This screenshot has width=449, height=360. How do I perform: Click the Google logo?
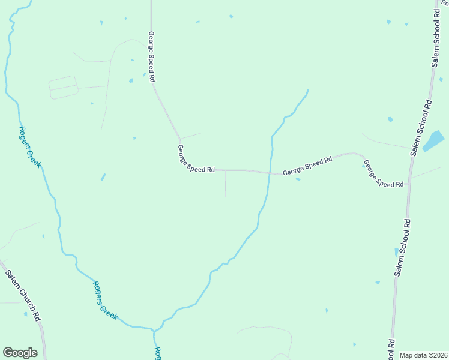(x=20, y=353)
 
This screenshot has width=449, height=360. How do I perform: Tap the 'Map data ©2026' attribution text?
(x=423, y=355)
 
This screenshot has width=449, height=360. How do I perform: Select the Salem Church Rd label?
(x=23, y=295)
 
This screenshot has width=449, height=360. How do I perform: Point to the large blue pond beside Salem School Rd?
(x=433, y=142)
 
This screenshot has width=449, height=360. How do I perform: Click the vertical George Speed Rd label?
(x=152, y=56)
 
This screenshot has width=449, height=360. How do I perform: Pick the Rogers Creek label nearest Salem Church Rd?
(x=105, y=299)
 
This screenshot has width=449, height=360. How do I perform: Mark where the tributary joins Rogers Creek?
(x=154, y=331)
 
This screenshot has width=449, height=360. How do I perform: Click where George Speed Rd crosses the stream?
(x=269, y=173)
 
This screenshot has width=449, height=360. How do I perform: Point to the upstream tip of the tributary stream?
(x=308, y=91)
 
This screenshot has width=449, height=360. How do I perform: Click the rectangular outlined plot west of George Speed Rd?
(x=64, y=87)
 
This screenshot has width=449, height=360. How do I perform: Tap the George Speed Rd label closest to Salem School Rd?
(x=384, y=175)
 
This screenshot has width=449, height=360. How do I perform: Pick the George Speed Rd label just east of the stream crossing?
(x=307, y=166)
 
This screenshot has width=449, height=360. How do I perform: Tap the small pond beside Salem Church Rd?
(x=25, y=314)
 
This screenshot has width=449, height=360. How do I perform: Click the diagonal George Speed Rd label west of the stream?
(x=196, y=159)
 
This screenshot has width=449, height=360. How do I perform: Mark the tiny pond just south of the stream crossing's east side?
(x=298, y=179)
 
